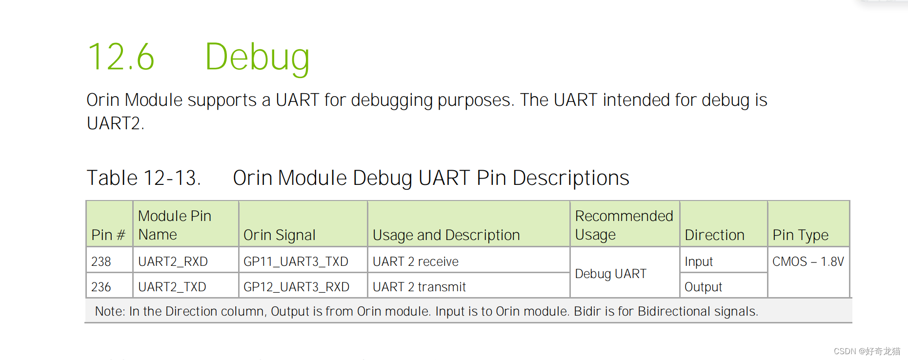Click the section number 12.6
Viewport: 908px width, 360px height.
(x=121, y=57)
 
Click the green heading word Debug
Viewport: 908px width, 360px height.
(x=257, y=58)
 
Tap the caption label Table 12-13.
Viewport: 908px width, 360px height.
(x=143, y=178)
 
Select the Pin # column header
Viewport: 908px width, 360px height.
(x=108, y=235)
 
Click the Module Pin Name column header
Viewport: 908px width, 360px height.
(x=175, y=225)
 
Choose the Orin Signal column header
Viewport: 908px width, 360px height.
(x=279, y=235)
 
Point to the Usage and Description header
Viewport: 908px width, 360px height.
(x=446, y=235)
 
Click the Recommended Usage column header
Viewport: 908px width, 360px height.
(x=624, y=225)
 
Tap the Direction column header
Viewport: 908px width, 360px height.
(x=714, y=235)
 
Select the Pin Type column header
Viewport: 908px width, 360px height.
(x=800, y=235)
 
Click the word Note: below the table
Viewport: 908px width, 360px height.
(x=110, y=311)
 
